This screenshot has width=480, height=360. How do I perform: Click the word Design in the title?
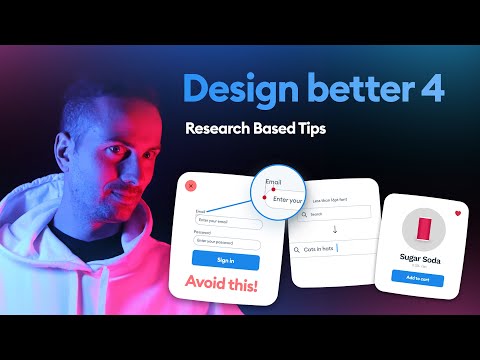point(235,91)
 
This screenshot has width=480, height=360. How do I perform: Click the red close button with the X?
point(192,185)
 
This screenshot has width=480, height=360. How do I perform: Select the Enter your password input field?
point(228,242)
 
